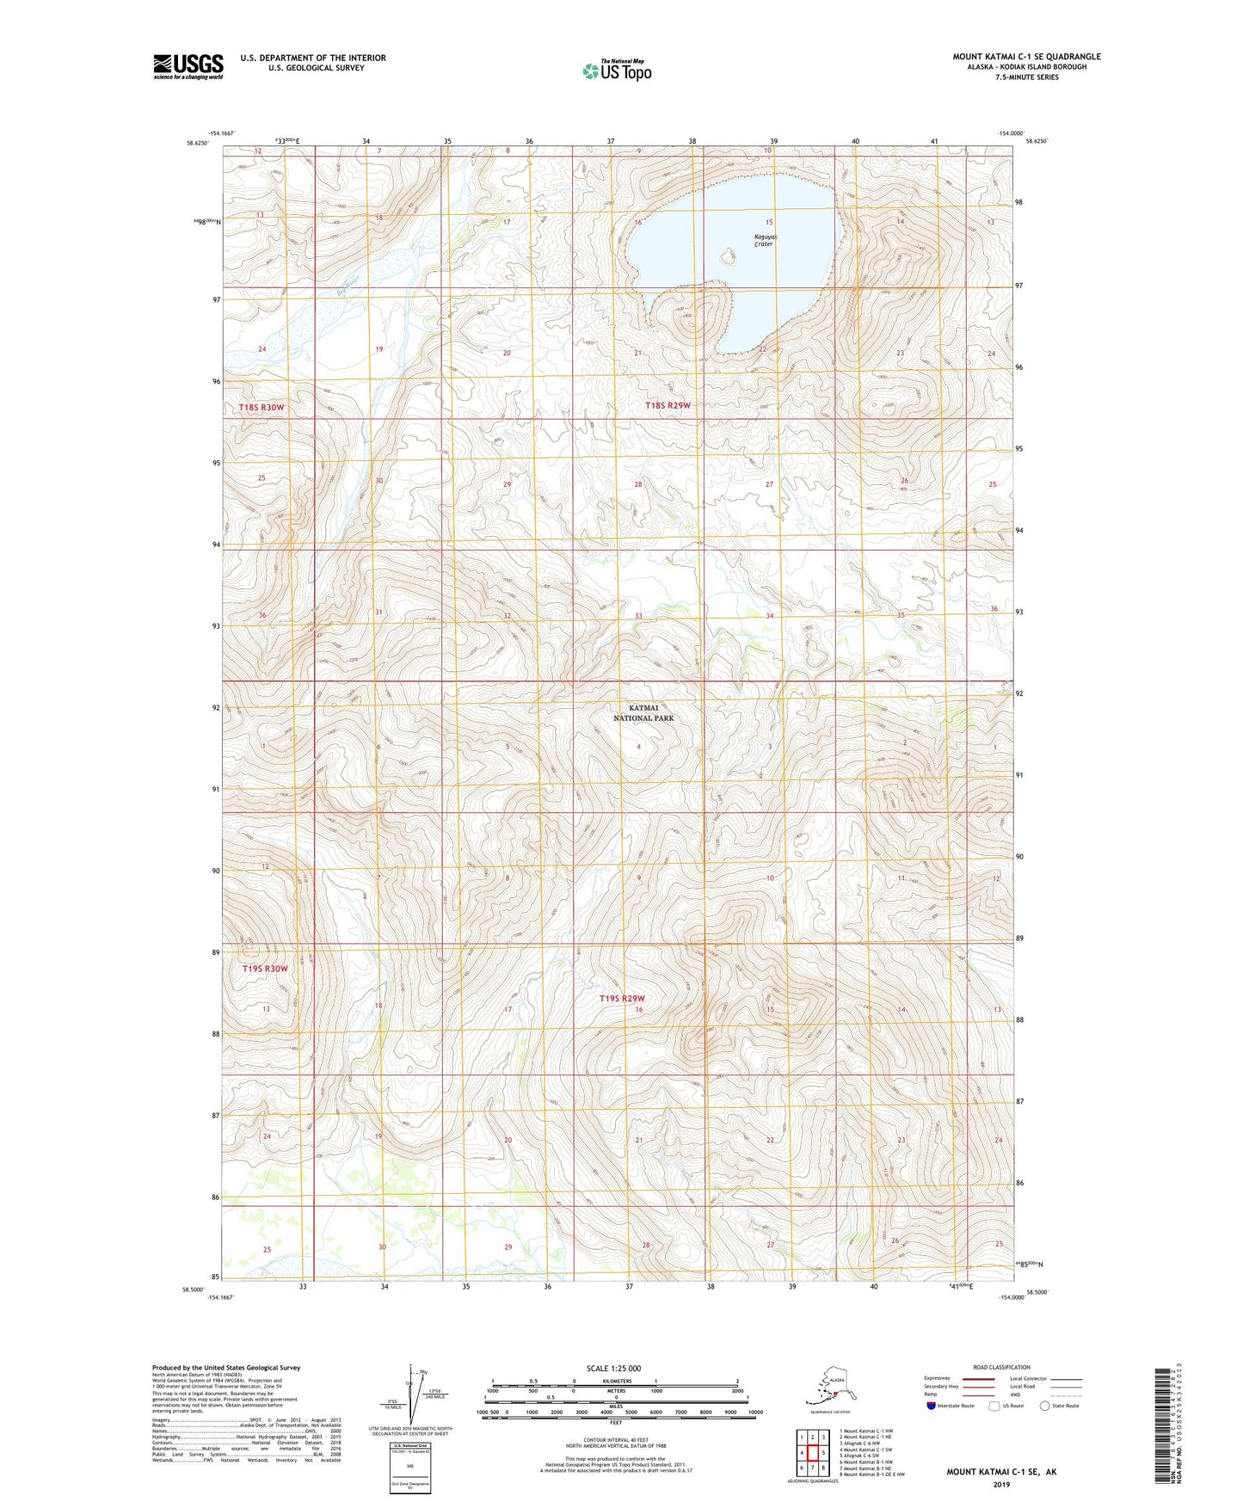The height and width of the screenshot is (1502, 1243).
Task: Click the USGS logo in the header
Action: (188, 66)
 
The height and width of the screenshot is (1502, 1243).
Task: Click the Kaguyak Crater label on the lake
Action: (764, 240)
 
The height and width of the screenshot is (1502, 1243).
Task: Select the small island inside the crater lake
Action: (729, 256)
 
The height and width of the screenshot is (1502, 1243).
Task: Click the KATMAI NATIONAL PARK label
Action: (643, 712)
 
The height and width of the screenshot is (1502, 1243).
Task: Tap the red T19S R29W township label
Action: (621, 999)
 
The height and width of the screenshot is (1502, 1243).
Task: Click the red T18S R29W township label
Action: (668, 405)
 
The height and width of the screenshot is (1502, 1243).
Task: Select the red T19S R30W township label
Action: (265, 969)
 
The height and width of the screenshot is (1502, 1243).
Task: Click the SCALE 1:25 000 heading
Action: (613, 1369)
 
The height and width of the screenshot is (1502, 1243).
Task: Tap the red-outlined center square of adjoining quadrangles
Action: (812, 1453)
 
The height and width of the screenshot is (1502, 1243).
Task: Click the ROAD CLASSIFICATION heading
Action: (1001, 1367)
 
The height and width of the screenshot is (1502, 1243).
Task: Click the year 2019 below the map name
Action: (1000, 1484)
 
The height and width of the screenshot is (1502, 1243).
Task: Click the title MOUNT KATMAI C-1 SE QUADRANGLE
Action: (1025, 57)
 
